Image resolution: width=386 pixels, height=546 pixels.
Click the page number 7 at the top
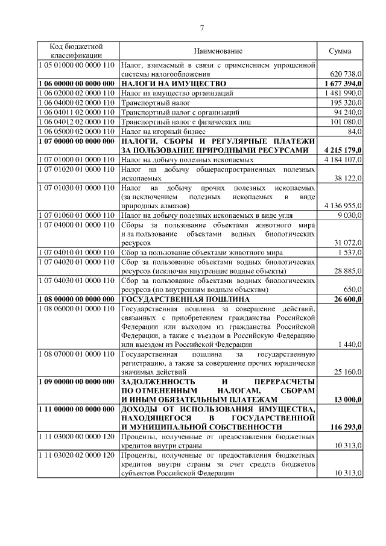point(202,27)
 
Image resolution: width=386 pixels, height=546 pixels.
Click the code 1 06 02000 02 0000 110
point(77,93)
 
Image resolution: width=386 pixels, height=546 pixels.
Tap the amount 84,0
point(355,131)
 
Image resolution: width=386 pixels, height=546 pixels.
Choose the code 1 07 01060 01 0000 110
point(77,214)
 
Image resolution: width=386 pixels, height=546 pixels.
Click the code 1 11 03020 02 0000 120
point(77,456)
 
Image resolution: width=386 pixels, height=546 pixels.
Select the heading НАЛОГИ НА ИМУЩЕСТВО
point(174,83)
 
